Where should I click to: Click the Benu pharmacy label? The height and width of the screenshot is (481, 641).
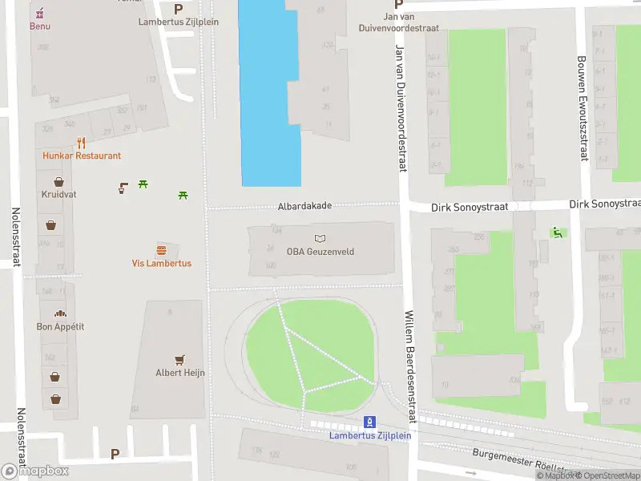click(x=39, y=26)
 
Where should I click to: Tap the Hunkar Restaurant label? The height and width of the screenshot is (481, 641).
click(x=82, y=156)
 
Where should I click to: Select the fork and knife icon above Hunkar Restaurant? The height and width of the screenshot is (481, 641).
click(x=81, y=143)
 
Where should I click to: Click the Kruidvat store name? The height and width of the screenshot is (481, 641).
click(x=58, y=195)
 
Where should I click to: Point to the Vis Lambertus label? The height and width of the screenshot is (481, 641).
click(x=161, y=263)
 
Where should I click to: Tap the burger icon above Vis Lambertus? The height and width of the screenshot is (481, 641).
click(x=162, y=249)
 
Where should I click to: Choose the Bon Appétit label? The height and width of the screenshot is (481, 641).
click(x=60, y=326)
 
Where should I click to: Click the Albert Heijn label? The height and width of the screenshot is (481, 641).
click(x=180, y=373)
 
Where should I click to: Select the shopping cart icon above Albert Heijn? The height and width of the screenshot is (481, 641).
click(x=180, y=360)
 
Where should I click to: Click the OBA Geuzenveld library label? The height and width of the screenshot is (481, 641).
click(x=320, y=252)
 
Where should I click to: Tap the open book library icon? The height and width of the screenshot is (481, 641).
click(x=320, y=238)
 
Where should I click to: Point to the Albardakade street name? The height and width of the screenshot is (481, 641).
click(x=304, y=206)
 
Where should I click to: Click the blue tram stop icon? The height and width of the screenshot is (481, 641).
click(x=369, y=422)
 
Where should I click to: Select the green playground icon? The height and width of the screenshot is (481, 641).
click(x=556, y=232)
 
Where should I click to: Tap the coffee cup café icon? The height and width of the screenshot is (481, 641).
click(x=123, y=188)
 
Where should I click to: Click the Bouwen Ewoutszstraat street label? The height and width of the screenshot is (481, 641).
click(x=583, y=107)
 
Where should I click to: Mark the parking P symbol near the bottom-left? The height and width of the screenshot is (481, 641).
click(x=115, y=454)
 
